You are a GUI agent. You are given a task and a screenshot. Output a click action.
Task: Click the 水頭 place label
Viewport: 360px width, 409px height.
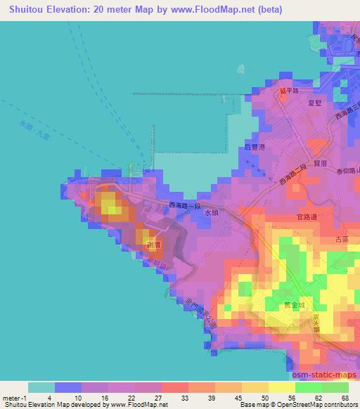point(213,211)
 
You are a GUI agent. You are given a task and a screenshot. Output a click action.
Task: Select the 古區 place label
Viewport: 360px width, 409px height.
point(342,240)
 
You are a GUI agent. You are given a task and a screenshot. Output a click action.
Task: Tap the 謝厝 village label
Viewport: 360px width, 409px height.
point(153,245)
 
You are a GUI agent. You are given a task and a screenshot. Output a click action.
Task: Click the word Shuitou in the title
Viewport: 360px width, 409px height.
point(27,8)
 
